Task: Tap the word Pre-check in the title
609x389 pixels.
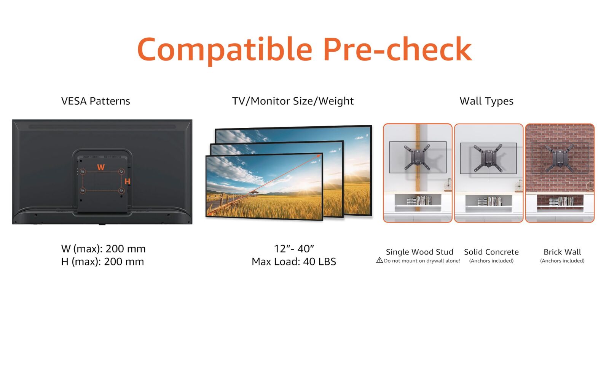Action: click(397, 49)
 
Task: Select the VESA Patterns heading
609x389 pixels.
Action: click(96, 101)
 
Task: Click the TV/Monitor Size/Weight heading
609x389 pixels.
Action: click(293, 101)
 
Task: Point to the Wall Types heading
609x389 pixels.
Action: click(486, 101)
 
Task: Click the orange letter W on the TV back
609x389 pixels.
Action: click(101, 167)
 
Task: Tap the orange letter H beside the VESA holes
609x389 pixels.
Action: click(127, 181)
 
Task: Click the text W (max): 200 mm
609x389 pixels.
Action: click(103, 249)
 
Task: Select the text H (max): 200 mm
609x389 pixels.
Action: click(102, 262)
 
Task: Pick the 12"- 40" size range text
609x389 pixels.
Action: click(294, 248)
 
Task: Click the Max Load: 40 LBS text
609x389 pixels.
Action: click(294, 262)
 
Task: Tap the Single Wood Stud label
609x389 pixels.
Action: click(419, 252)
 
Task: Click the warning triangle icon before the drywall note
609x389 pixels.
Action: click(379, 260)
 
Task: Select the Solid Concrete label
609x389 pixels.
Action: click(491, 252)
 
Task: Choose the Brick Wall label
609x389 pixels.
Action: click(562, 252)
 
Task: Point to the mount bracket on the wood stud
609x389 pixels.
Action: click(417, 157)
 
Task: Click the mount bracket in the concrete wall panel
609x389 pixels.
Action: click(488, 158)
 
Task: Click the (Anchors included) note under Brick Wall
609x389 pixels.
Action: click(562, 261)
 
